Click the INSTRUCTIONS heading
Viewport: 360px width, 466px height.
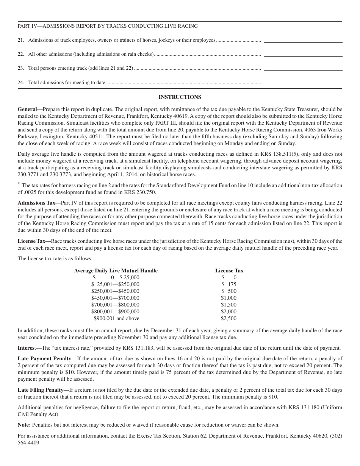pos(180,97)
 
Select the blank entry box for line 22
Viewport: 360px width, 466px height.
pos(303,50)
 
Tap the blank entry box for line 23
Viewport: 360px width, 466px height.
pos(303,64)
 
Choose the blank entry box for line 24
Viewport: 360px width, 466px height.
pos(303,80)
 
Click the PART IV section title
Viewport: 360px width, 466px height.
pos(108,26)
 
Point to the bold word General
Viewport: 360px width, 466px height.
pos(27,109)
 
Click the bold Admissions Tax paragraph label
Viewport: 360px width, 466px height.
pos(36,203)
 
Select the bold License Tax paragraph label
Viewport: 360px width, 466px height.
pos(31,241)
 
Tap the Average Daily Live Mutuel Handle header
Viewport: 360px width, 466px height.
pos(116,271)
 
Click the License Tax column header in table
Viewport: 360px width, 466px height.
pos(229,271)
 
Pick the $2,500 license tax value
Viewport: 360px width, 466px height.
pos(229,319)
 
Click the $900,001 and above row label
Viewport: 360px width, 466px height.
pos(116,319)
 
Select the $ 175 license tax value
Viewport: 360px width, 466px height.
pos(229,285)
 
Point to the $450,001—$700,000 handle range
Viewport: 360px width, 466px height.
pos(115,298)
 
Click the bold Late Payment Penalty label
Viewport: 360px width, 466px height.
pos(44,358)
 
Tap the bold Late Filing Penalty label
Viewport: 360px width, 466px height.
pos(41,390)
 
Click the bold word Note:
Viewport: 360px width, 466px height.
pos(24,425)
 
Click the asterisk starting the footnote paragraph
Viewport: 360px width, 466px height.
pos(19,183)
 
